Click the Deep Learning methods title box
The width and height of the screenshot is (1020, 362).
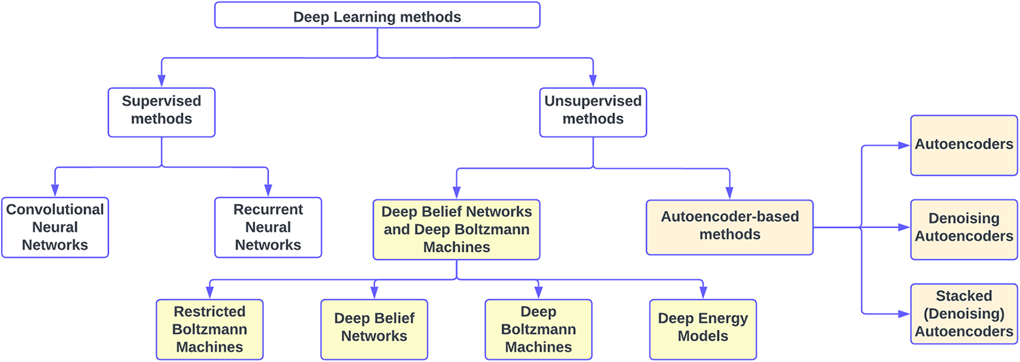click(x=377, y=16)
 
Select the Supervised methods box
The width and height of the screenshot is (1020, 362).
click(x=161, y=112)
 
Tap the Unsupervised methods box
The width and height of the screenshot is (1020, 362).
click(x=593, y=112)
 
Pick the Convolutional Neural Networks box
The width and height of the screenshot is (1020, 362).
click(x=55, y=227)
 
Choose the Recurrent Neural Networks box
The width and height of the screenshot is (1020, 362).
click(x=268, y=227)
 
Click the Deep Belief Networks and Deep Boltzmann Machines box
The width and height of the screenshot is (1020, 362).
click(x=456, y=229)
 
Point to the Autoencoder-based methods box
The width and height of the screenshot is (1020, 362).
click(x=729, y=227)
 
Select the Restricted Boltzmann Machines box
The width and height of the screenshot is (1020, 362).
click(x=209, y=329)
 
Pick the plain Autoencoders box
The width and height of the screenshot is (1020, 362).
click(x=964, y=145)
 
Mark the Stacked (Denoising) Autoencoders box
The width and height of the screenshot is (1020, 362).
click(x=964, y=314)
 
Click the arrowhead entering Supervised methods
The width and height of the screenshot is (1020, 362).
click(x=161, y=81)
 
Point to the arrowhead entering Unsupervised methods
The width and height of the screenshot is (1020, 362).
click(x=593, y=81)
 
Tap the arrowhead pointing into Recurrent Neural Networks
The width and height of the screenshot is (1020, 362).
click(x=268, y=190)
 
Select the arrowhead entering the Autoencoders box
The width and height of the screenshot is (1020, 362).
click(x=903, y=145)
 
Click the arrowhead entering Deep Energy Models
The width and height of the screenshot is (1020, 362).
click(x=703, y=292)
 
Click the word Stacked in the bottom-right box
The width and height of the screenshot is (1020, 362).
click(x=964, y=296)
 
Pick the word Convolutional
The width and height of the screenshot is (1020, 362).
click(x=55, y=210)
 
